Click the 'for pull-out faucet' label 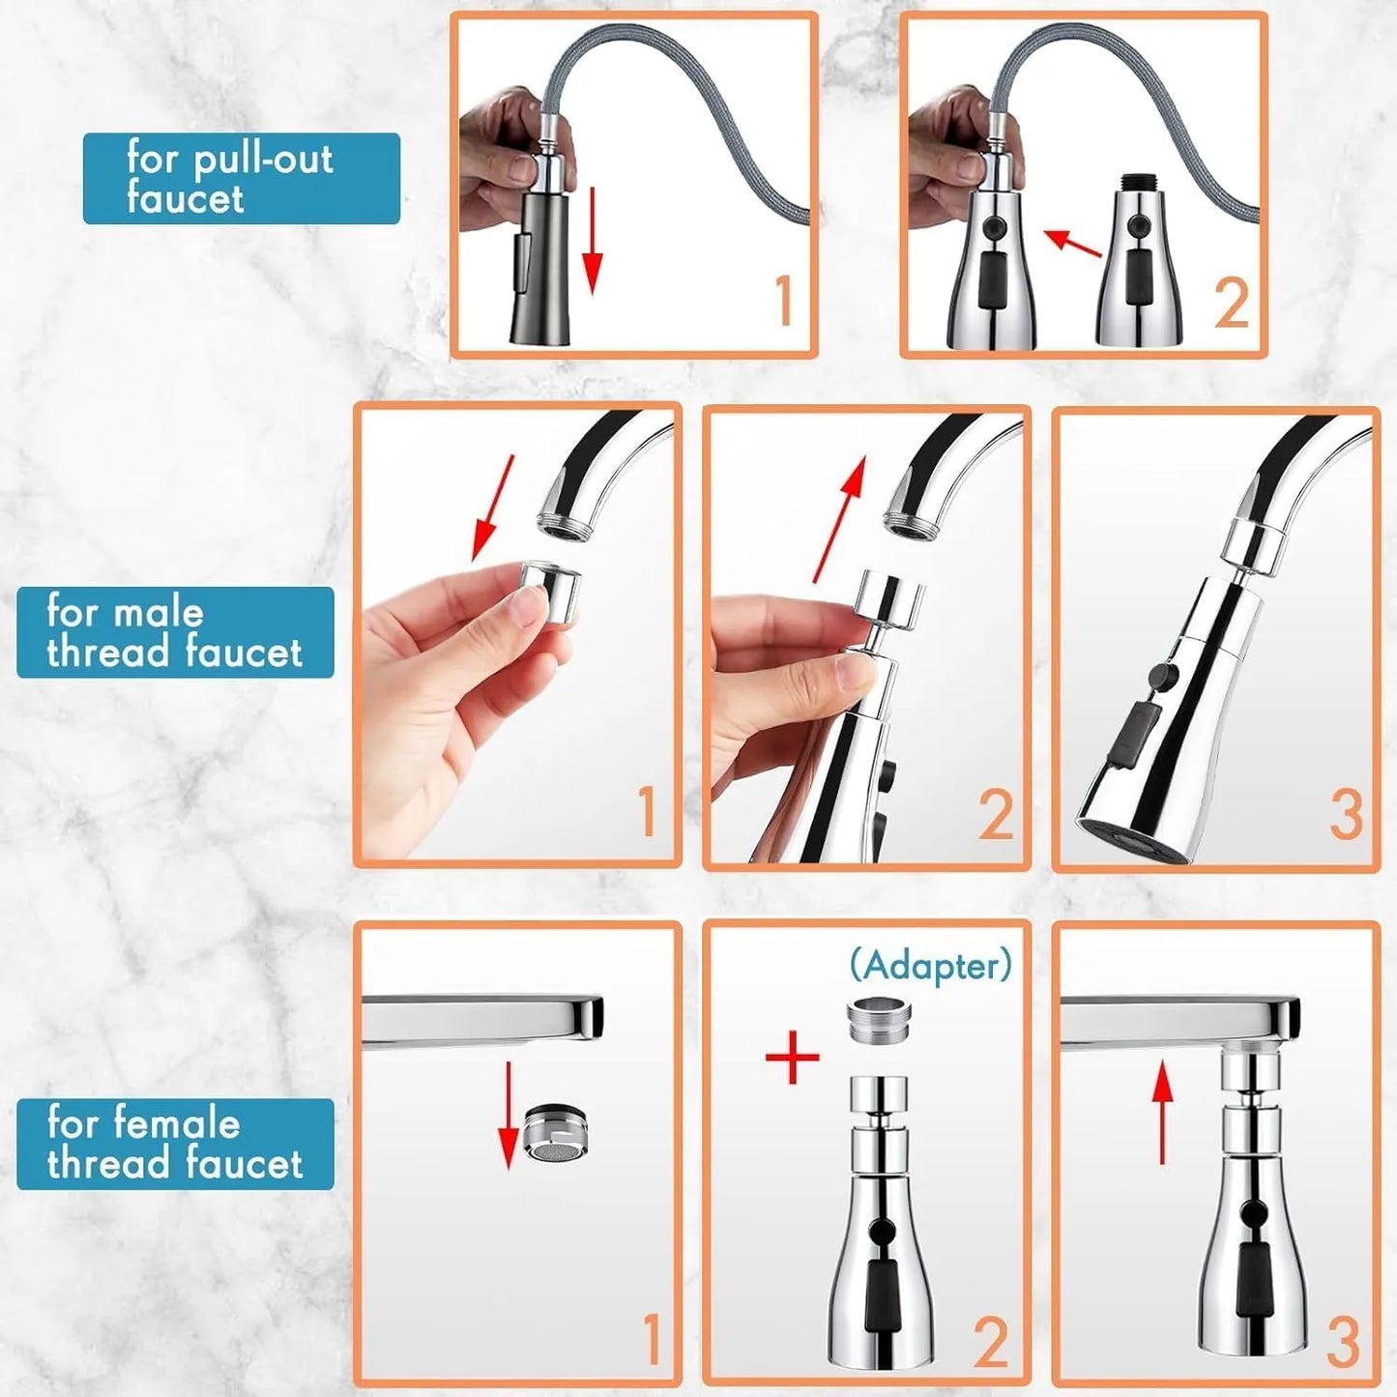pos(241,179)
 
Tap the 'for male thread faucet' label pos(175,632)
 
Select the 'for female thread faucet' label pos(175,1144)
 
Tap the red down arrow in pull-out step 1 pos(593,242)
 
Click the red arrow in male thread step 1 pos(492,509)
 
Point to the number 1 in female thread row pos(651,1339)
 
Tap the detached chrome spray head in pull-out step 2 pos(1140,271)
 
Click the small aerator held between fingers pos(548,592)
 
